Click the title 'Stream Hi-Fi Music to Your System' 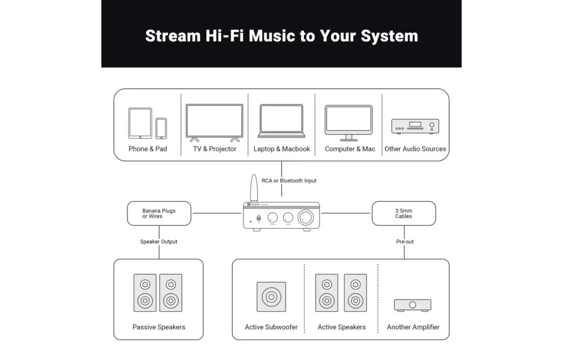coord(281,36)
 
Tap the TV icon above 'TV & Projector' coord(214,122)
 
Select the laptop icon coord(281,121)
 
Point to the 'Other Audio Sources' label coord(415,149)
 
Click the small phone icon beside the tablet coord(161,129)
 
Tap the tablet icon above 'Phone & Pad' coord(140,123)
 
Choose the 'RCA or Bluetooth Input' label coord(289,181)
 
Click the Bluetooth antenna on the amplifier coord(253,188)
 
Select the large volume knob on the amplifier coord(306,218)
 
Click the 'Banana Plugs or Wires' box coord(159,213)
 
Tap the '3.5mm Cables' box coord(404,213)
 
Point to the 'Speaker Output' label coord(159,242)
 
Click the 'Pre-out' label coord(405,242)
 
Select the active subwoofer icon coord(271,297)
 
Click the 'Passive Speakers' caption coord(159,327)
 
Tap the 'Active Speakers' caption coord(341,327)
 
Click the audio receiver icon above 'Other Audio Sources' coord(415,126)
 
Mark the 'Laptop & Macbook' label coord(281,149)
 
